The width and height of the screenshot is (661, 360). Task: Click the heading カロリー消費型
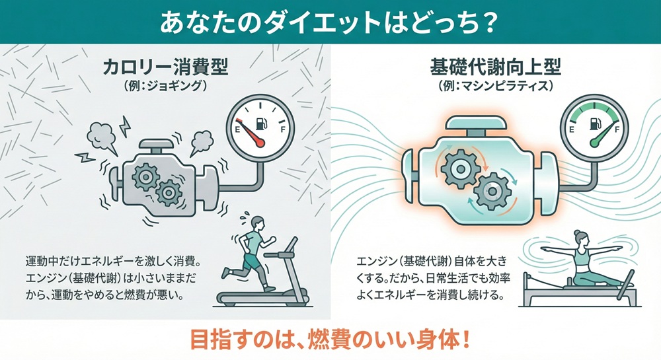click(165, 68)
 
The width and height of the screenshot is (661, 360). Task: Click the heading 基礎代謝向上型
click(494, 68)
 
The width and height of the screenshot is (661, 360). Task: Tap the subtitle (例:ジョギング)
click(165, 86)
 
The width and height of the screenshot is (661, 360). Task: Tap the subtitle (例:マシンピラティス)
click(494, 86)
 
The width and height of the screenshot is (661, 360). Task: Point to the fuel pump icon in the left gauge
click(258, 122)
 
